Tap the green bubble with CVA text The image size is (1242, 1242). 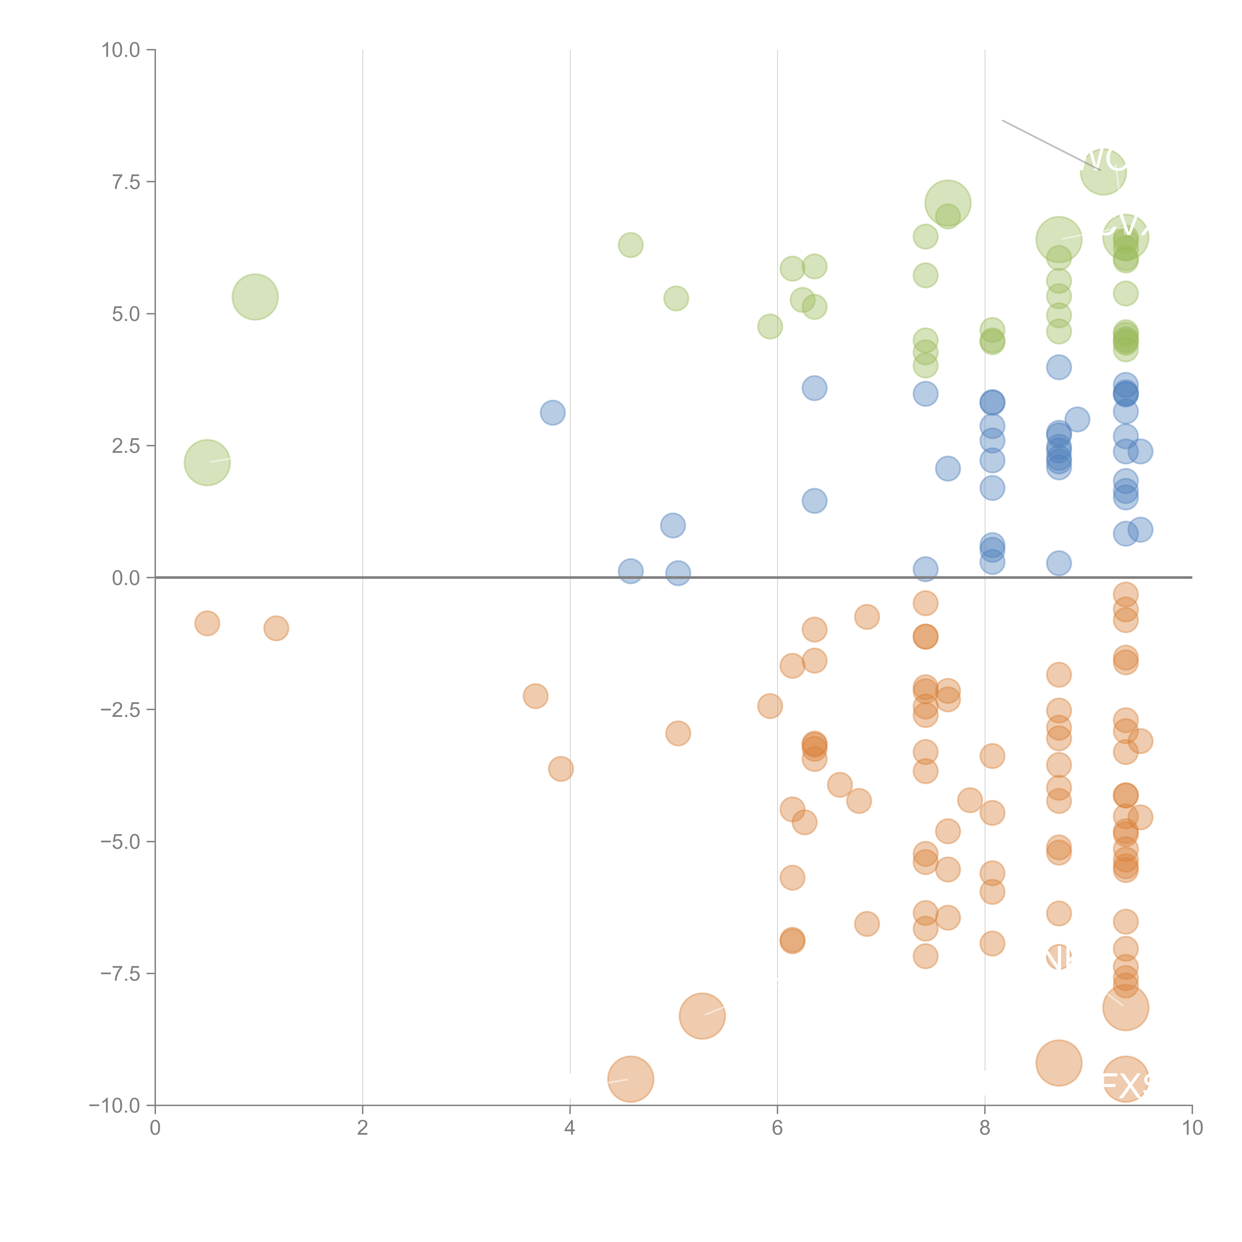pyautogui.click(x=1125, y=237)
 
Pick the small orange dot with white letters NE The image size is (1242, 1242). pyautogui.click(x=1058, y=958)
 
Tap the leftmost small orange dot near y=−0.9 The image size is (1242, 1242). pyautogui.click(x=207, y=623)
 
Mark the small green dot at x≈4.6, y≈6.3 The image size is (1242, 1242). pyautogui.click(x=631, y=245)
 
